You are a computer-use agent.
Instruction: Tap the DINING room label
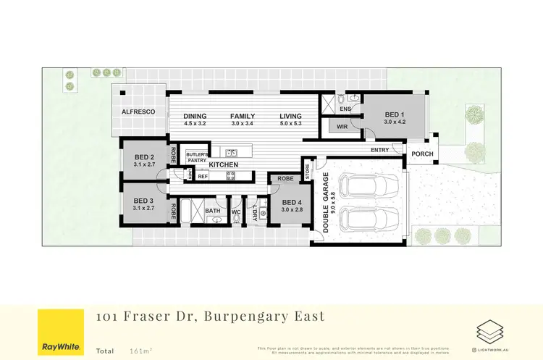coord(195,116)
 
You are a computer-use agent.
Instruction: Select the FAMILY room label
coord(243,116)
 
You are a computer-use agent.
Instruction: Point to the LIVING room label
coord(291,116)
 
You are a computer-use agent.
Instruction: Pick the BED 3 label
coord(145,200)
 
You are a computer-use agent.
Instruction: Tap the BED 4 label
coord(292,202)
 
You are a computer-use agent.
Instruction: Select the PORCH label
coord(422,154)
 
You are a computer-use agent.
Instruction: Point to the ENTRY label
coord(379,150)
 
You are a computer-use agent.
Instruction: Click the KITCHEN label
coord(224,165)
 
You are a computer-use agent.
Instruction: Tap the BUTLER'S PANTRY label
coord(198,157)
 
